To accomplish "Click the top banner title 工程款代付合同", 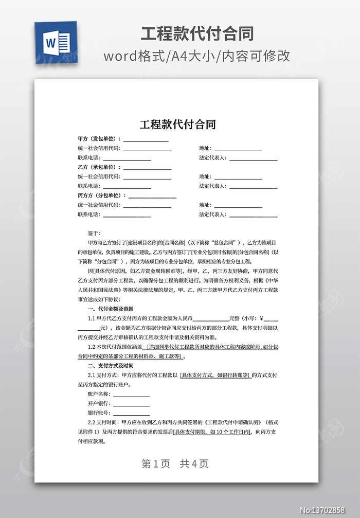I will (x=197, y=34).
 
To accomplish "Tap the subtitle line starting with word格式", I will (x=197, y=56).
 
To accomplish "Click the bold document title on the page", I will (x=177, y=124).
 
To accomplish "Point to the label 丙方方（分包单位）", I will (x=102, y=195).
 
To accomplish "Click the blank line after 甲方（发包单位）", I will (x=146, y=140).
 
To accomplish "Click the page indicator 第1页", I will (x=155, y=463).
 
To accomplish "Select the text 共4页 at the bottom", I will (x=194, y=463).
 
